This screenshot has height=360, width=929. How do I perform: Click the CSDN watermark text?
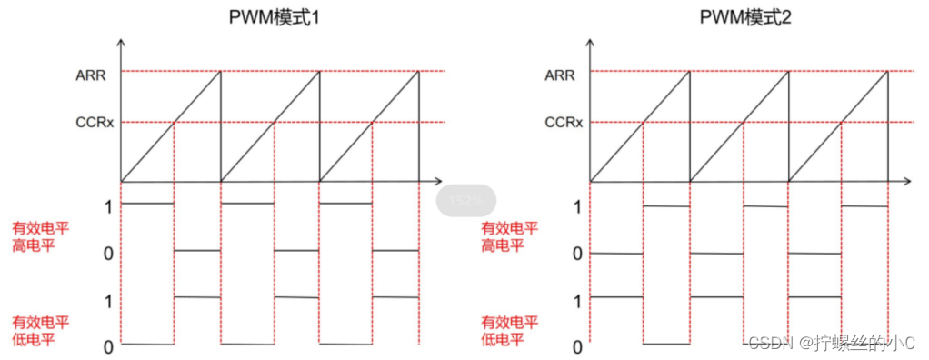coord(831,342)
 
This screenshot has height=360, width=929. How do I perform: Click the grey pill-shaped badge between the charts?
coord(466,199)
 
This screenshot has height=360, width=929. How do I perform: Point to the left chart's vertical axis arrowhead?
coord(122,43)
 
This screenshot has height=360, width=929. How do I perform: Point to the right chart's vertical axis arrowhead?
coord(591,43)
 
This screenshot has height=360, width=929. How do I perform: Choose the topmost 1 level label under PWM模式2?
coord(577,206)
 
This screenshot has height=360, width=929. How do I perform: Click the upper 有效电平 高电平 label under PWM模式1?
coord(40,235)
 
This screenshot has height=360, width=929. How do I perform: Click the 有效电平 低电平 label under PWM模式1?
coord(40,330)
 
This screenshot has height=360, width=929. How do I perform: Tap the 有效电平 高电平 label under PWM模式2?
coord(510,235)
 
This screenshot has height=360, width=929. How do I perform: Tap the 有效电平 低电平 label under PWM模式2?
coord(510,330)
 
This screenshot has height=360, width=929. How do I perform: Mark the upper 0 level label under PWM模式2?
coord(577,253)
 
